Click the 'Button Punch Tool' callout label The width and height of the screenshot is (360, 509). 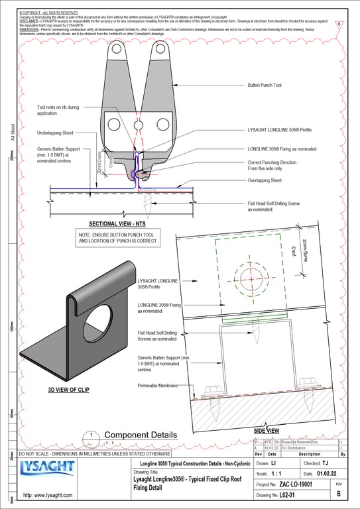(265, 85)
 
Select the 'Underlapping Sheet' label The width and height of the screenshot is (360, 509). (56, 133)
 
